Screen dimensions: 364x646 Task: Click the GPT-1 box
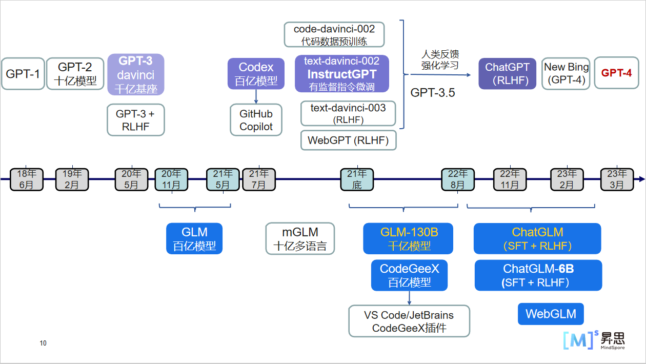tap(23, 74)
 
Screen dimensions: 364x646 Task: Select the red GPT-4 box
tap(616, 73)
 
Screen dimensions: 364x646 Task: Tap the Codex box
tap(256, 73)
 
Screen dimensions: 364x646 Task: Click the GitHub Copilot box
tap(256, 120)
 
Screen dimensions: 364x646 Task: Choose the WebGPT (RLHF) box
tap(349, 139)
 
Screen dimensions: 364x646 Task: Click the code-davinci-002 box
tap(334, 35)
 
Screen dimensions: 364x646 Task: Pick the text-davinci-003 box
tap(348, 113)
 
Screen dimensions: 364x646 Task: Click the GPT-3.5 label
tap(433, 93)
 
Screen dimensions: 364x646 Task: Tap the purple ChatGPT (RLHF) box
tap(507, 73)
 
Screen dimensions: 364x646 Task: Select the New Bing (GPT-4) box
tap(566, 73)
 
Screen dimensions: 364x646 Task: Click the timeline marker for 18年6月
tap(26, 179)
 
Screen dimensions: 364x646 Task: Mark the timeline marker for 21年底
tap(357, 179)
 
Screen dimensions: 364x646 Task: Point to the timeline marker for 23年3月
tap(617, 179)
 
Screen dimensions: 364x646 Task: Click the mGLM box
tap(300, 238)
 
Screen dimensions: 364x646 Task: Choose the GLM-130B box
tap(408, 238)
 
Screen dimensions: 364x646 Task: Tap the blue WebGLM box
tap(551, 314)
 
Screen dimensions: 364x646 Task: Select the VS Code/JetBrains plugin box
tap(409, 321)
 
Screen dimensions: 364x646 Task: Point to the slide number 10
tap(43, 343)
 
